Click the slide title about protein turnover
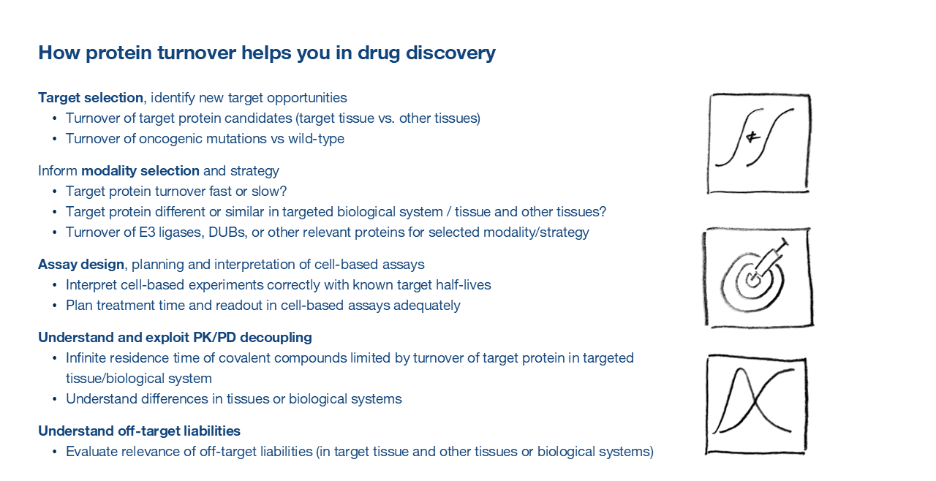click(x=267, y=53)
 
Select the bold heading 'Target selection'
click(x=91, y=98)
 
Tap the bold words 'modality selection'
click(x=140, y=171)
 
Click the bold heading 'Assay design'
click(x=81, y=265)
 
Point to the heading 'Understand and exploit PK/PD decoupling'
click(x=175, y=338)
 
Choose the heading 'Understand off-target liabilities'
click(x=139, y=431)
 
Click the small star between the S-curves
click(x=752, y=137)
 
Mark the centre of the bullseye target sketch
click(x=753, y=281)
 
